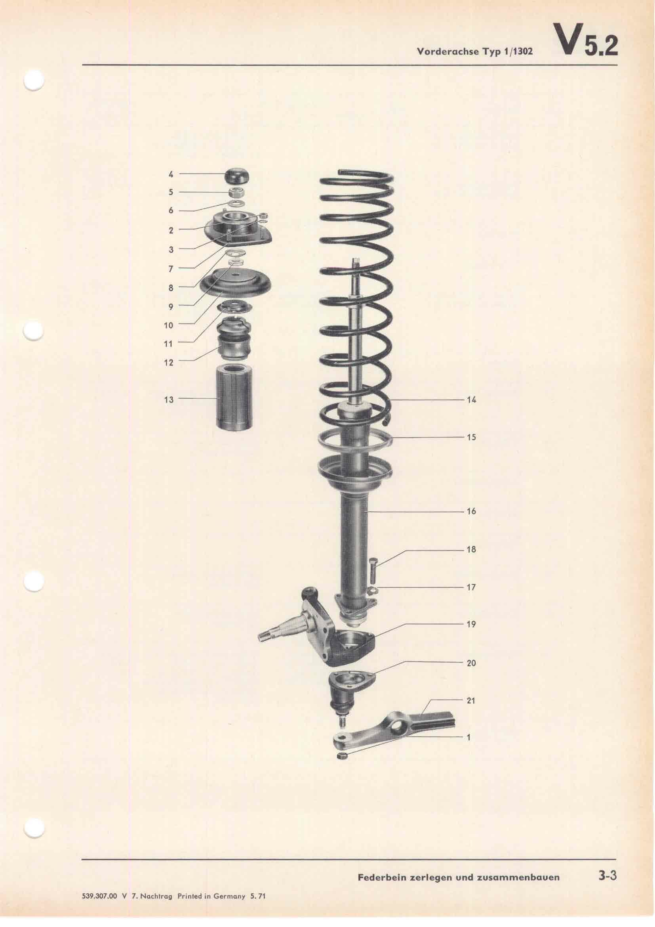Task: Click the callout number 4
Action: tap(171, 174)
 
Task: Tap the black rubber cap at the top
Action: tap(238, 176)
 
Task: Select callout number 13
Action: tap(169, 400)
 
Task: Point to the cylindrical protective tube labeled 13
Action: tap(233, 396)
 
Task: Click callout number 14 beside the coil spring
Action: tap(472, 400)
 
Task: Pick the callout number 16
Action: tap(472, 512)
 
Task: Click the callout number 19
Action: tap(472, 624)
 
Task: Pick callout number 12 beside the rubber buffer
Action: tap(169, 363)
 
